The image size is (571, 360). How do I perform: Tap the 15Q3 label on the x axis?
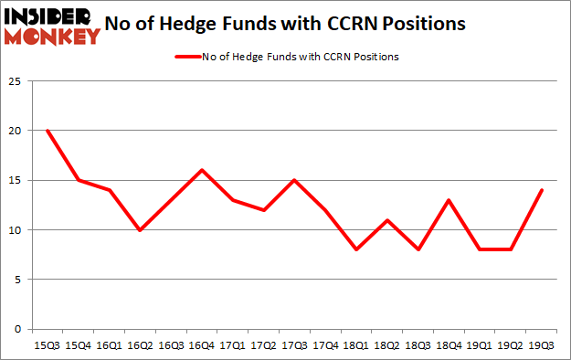click(47, 346)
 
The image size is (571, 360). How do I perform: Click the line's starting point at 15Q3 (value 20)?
click(47, 131)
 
